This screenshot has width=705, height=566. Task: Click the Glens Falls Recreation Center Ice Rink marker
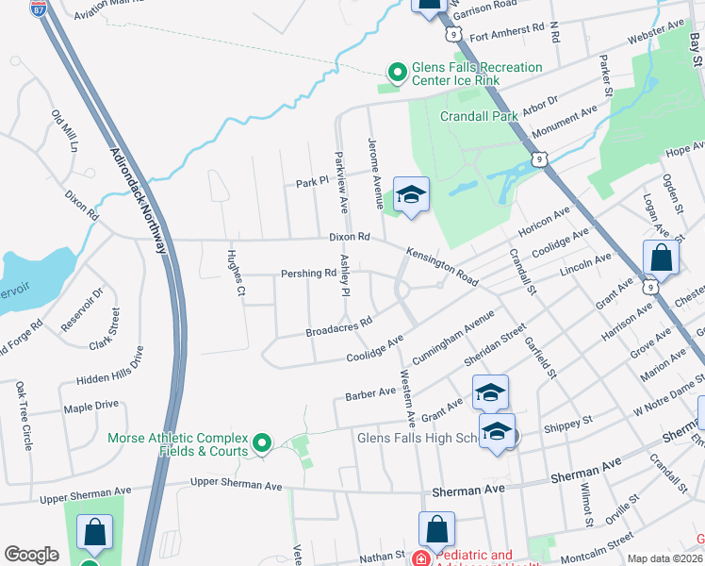tap(397, 72)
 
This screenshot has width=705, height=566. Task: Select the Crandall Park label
tap(481, 117)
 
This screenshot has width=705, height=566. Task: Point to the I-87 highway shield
tap(38, 9)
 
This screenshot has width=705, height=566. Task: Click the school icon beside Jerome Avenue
tap(411, 196)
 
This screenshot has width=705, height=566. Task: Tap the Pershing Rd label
tap(308, 274)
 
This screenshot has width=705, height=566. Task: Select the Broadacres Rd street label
tap(339, 326)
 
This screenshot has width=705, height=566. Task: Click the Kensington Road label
tap(442, 267)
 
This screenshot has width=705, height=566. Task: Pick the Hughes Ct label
tap(235, 275)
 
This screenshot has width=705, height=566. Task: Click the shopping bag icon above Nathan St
tap(436, 530)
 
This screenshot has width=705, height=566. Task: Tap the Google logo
tap(31, 555)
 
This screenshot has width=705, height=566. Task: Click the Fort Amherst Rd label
tap(507, 36)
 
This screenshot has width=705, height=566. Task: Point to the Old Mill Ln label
tap(65, 133)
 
